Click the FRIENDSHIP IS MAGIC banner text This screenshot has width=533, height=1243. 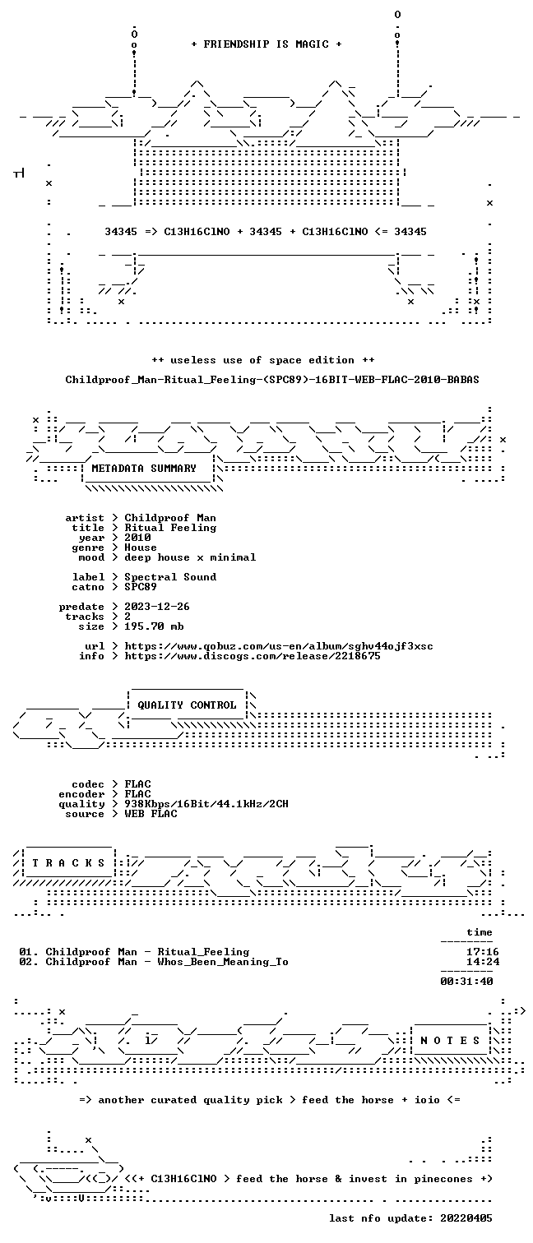pyautogui.click(x=266, y=44)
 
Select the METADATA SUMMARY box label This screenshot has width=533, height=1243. pyautogui.click(x=144, y=469)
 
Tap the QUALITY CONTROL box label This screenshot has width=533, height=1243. pyautogui.click(x=187, y=705)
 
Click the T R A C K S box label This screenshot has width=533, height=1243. pyautogui.click(x=68, y=863)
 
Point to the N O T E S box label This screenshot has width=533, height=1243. pyautogui.click(x=450, y=1041)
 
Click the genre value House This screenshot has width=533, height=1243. pyautogui.click(x=141, y=548)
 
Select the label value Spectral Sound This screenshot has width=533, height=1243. pyautogui.click(x=170, y=577)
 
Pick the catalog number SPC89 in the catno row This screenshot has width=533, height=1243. pyautogui.click(x=141, y=587)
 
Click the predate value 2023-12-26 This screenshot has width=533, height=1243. pyautogui.click(x=157, y=607)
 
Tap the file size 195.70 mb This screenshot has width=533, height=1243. pyautogui.click(x=154, y=626)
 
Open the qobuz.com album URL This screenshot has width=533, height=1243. pyautogui.click(x=279, y=646)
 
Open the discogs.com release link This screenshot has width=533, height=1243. pyautogui.click(x=253, y=656)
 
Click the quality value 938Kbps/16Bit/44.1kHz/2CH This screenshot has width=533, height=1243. pyautogui.click(x=206, y=804)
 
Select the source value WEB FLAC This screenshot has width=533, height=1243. pyautogui.click(x=151, y=814)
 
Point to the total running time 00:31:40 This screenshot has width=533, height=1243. pyautogui.click(x=466, y=981)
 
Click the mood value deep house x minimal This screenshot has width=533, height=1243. pyautogui.click(x=190, y=557)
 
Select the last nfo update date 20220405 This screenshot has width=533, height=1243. pyautogui.click(x=466, y=1218)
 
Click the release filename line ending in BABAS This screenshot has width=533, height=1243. pyautogui.click(x=272, y=380)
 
